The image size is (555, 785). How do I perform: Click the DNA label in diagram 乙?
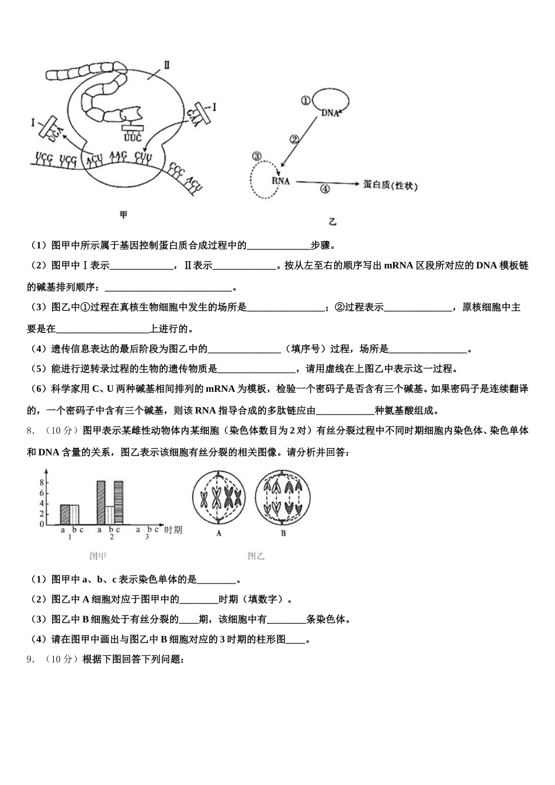tap(330, 113)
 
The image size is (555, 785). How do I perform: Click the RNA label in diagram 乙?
tap(280, 181)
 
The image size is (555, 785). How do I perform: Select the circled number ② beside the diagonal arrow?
tap(294, 139)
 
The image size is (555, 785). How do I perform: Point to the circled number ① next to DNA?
tap(305, 100)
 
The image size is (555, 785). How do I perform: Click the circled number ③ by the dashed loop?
tap(256, 156)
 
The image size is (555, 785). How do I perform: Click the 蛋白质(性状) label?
tap(390, 185)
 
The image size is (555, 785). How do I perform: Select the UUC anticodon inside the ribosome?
tap(133, 138)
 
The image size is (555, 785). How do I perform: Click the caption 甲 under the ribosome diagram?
tap(123, 215)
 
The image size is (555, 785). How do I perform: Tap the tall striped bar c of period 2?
tap(119, 502)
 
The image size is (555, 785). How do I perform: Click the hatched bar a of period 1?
tap(65, 514)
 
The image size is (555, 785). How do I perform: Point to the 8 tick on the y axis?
tap(42, 482)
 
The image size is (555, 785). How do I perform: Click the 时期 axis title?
tap(173, 530)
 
